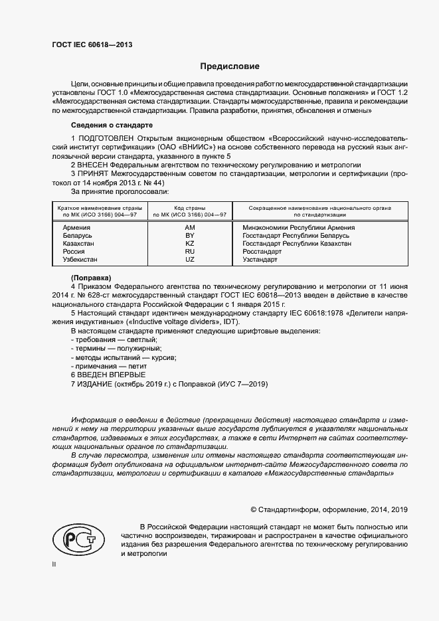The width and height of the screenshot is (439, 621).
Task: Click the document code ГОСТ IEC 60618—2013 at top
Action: click(91, 44)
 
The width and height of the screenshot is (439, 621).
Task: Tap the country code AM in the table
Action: click(189, 227)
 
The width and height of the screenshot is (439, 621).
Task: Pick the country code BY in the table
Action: click(189, 236)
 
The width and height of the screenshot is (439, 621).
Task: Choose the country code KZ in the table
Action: click(189, 244)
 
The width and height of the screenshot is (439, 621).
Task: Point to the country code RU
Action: click(189, 252)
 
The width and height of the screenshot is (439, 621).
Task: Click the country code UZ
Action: click(189, 260)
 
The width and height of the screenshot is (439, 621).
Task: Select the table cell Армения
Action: click(76, 227)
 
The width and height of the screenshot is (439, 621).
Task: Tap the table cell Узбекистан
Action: click(80, 260)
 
